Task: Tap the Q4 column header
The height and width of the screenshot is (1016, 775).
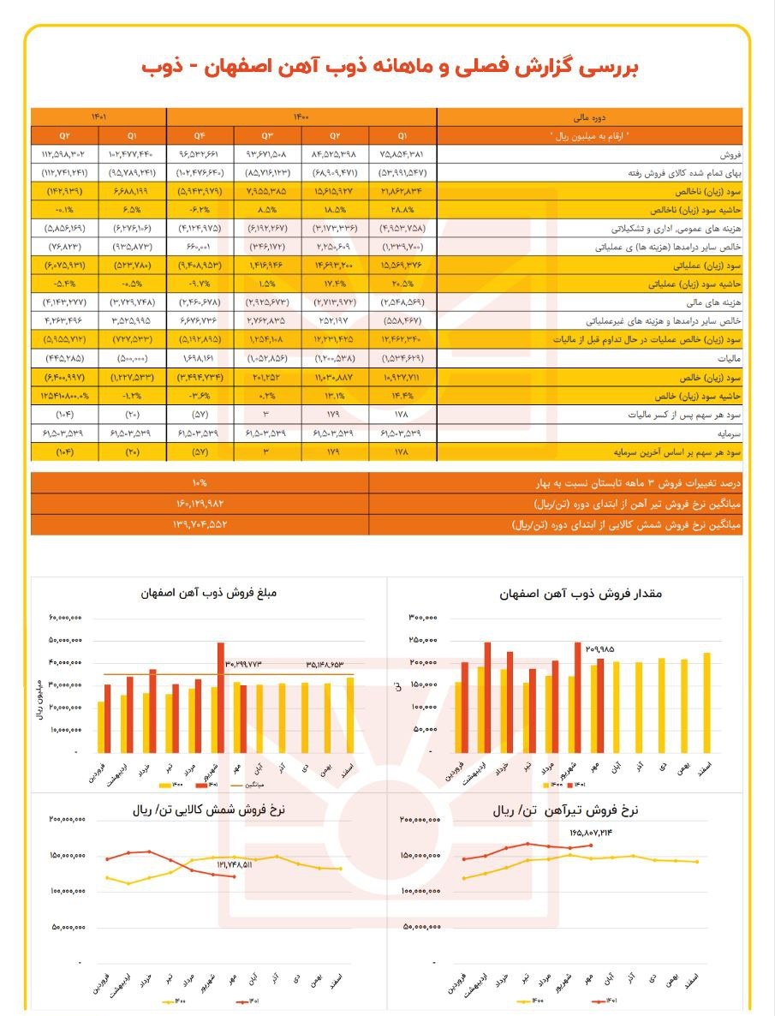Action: (200, 134)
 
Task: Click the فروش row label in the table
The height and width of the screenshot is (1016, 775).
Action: (729, 154)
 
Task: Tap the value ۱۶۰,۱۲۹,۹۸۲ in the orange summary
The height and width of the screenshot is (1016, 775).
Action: (200, 502)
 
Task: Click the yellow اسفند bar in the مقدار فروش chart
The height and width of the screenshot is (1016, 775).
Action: (706, 702)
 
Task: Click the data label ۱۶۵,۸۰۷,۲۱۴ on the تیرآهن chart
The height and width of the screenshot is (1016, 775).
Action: (591, 832)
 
